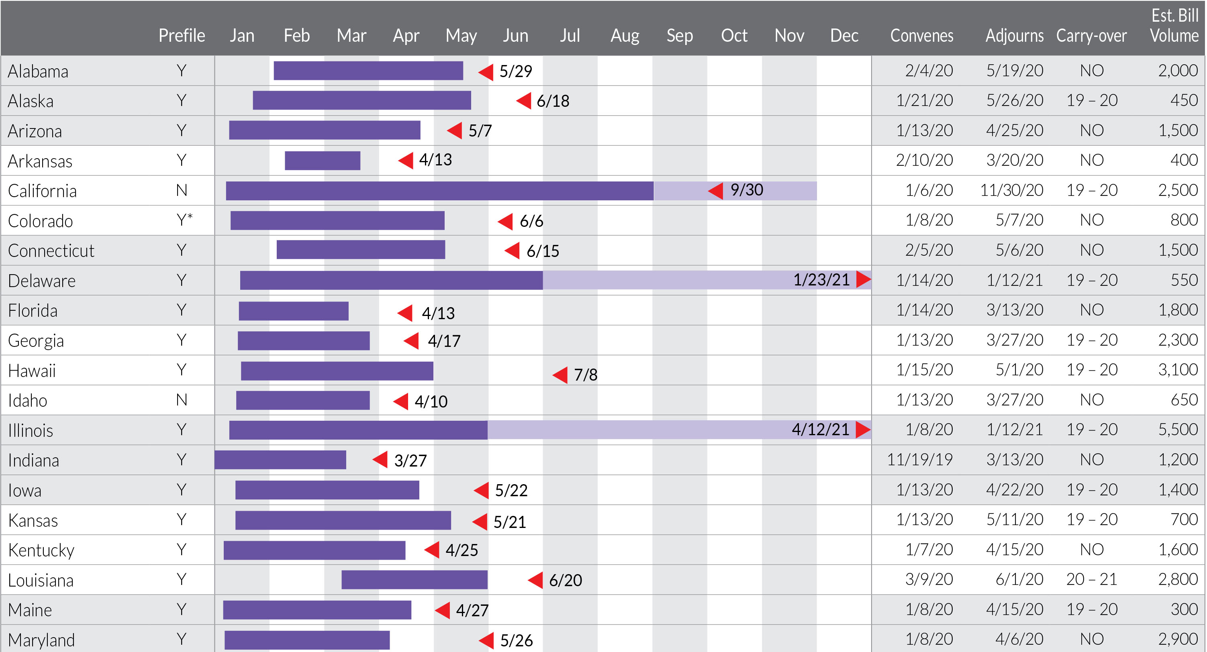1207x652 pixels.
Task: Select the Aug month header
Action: click(x=625, y=36)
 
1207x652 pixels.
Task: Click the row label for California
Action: click(x=42, y=191)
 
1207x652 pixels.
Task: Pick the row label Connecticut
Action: click(x=51, y=251)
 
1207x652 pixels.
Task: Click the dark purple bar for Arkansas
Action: click(x=323, y=161)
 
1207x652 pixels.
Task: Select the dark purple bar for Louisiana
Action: click(x=414, y=580)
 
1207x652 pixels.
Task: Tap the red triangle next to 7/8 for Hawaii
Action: click(x=561, y=375)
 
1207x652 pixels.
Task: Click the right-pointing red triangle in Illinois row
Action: click(x=863, y=430)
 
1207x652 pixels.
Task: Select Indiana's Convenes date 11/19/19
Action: click(x=919, y=459)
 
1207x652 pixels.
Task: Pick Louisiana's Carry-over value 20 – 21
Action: click(x=1091, y=579)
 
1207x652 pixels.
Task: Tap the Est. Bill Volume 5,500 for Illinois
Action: click(x=1178, y=430)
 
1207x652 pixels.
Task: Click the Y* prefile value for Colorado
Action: click(x=184, y=220)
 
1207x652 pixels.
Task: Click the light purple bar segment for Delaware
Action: click(x=665, y=280)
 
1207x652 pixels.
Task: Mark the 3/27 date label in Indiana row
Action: click(x=410, y=460)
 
